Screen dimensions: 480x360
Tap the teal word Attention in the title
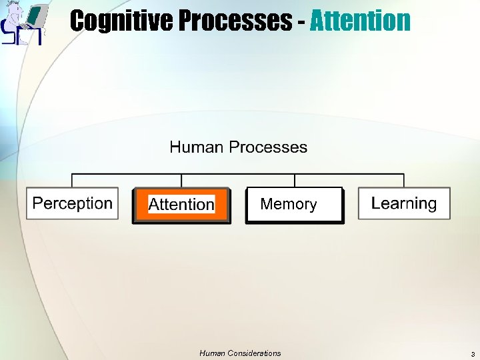(360, 21)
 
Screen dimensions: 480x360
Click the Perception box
(73, 203)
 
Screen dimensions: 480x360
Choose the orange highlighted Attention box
(181, 205)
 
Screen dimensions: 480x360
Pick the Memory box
(295, 205)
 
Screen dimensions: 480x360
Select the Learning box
(404, 203)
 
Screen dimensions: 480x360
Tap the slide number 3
(472, 354)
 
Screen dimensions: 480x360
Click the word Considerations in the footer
(255, 353)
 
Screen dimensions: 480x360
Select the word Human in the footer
(213, 353)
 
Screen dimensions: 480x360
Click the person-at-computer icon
(23, 23)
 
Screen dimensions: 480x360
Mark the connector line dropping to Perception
(72, 181)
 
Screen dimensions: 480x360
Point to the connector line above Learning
(404, 181)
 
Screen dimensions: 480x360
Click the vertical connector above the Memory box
(295, 181)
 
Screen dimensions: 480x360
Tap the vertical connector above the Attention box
(181, 181)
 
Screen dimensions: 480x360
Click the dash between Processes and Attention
(302, 22)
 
